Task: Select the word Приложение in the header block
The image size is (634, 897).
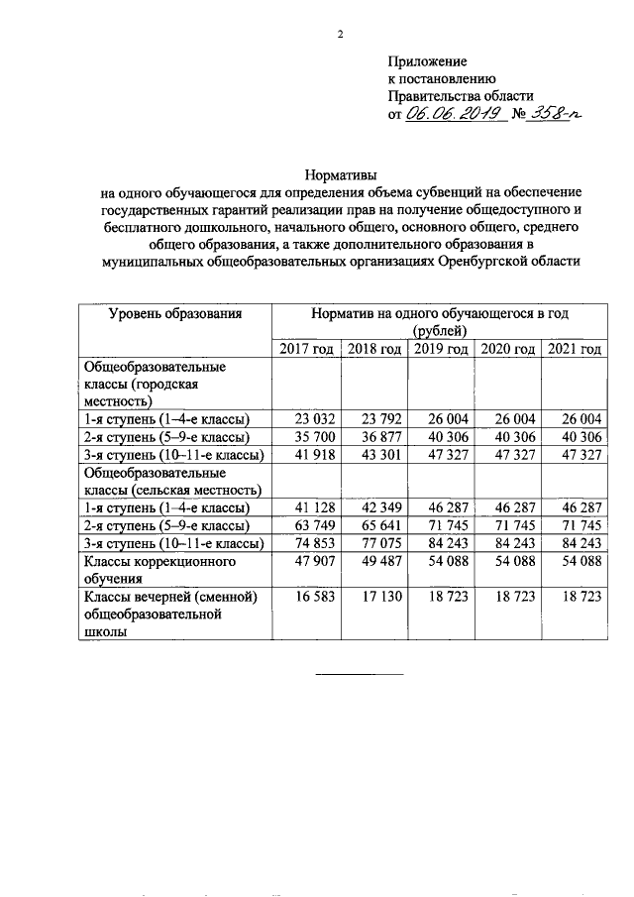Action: [427, 60]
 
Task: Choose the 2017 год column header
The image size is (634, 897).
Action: [307, 348]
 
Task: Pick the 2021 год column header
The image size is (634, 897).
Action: [575, 348]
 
